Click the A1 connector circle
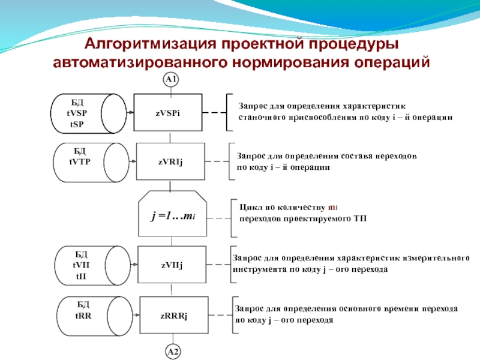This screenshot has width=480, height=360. click(x=172, y=80)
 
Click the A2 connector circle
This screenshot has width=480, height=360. click(x=172, y=352)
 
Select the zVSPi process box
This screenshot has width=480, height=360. click(x=169, y=112)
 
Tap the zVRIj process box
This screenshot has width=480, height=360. click(x=170, y=161)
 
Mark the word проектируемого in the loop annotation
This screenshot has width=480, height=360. click(x=320, y=218)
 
